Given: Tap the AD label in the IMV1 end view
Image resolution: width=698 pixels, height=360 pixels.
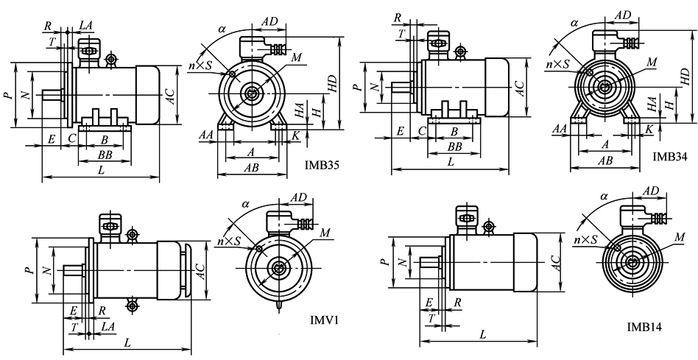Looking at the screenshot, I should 298,197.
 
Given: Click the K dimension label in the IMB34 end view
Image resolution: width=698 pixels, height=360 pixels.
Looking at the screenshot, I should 649,129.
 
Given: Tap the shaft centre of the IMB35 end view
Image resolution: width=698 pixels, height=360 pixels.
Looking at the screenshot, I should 253,94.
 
